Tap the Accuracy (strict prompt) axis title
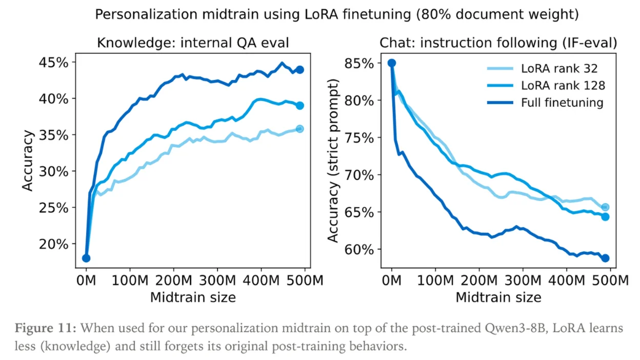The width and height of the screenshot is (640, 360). click(x=334, y=161)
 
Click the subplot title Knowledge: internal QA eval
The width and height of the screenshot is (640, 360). click(x=193, y=43)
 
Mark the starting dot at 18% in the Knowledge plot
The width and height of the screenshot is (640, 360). click(x=86, y=258)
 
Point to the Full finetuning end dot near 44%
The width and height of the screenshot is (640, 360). click(x=300, y=69)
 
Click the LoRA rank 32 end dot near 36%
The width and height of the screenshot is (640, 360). click(x=300, y=129)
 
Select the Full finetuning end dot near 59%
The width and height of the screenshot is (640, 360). click(x=605, y=258)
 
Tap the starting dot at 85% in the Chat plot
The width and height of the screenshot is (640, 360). click(x=392, y=63)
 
